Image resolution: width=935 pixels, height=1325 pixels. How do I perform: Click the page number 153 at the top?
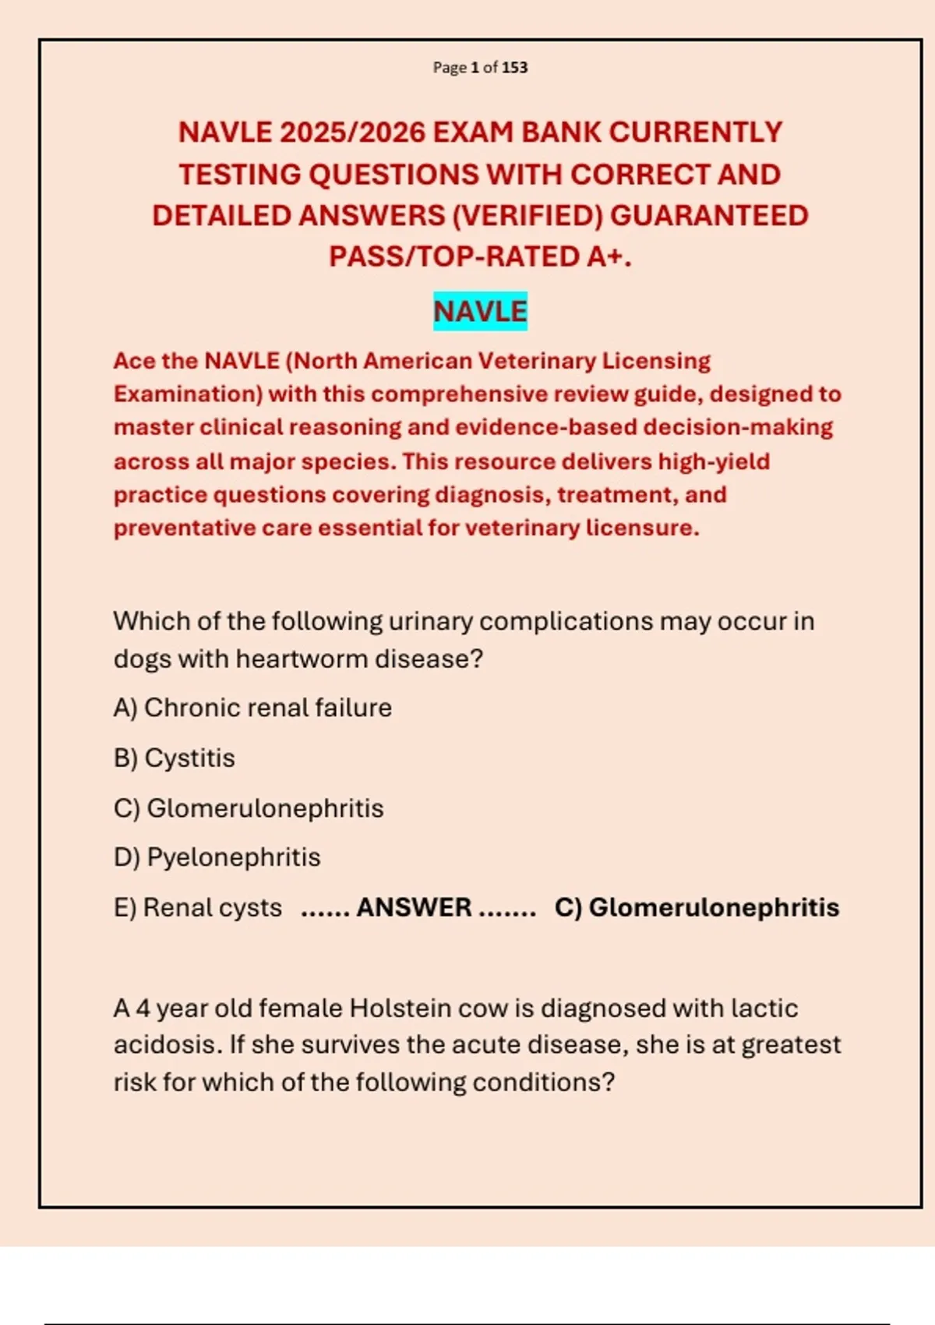(x=514, y=68)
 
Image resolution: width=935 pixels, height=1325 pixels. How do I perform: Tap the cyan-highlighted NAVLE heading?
(x=480, y=312)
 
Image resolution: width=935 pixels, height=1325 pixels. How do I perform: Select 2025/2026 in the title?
(x=351, y=132)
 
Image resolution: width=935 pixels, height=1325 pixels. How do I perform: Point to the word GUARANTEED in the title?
(x=709, y=216)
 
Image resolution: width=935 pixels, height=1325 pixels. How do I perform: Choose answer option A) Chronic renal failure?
(x=252, y=708)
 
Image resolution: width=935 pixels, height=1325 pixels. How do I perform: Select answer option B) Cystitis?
(x=175, y=758)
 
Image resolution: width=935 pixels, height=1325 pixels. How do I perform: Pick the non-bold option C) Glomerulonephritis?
(x=249, y=808)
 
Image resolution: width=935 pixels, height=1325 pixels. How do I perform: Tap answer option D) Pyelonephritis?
(x=217, y=857)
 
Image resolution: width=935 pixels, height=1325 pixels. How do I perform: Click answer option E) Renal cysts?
(x=198, y=908)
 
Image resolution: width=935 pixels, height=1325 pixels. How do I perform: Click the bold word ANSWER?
(x=414, y=908)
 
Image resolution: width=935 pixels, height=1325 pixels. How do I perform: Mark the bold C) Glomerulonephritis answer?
(x=697, y=908)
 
